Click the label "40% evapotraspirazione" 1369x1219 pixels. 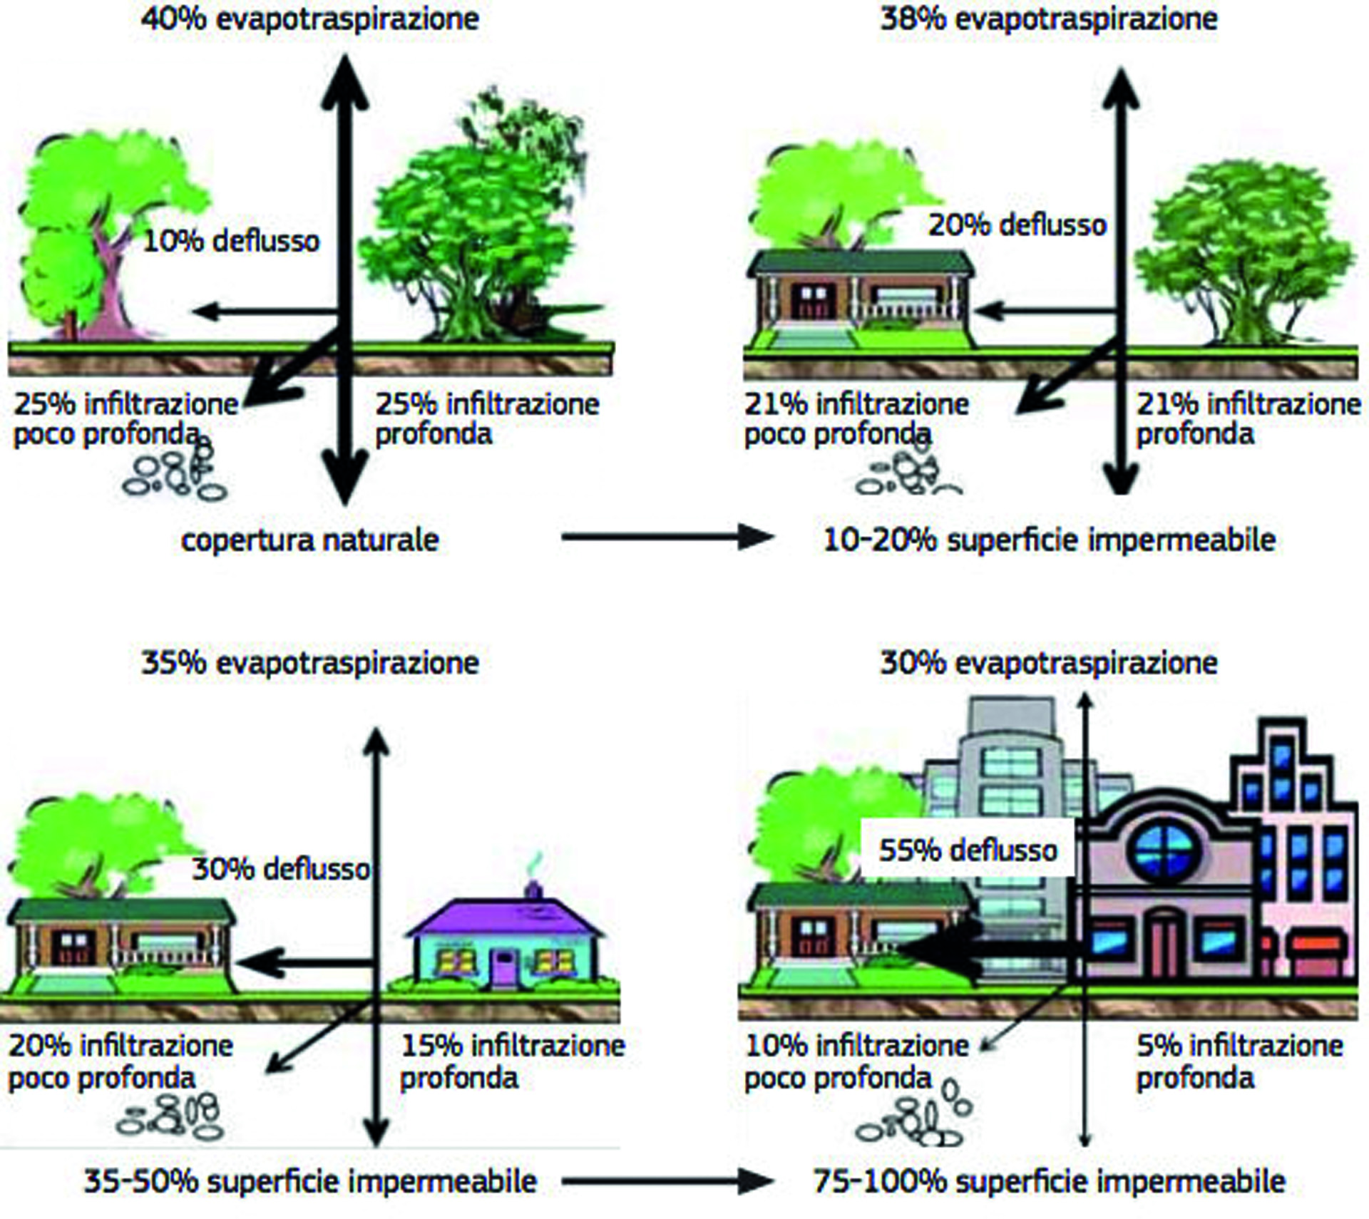click(310, 19)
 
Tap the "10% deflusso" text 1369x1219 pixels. click(232, 241)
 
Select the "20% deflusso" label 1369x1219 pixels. click(1017, 225)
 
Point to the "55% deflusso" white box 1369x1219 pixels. click(968, 850)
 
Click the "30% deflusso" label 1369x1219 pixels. click(282, 869)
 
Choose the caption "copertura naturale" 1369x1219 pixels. click(310, 540)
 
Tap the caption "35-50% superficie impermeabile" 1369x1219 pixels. click(310, 1181)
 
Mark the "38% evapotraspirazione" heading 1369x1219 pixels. click(1049, 19)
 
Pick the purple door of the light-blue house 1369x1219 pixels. click(506, 967)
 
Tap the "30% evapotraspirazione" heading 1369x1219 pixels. click(1049, 663)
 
